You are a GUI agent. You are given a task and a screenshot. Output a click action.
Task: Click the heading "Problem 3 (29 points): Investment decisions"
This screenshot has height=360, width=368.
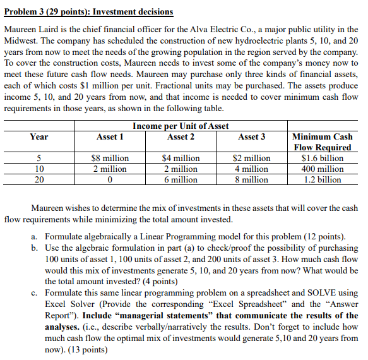point(88,12)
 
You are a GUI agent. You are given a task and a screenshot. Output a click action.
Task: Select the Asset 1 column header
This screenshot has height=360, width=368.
point(110,137)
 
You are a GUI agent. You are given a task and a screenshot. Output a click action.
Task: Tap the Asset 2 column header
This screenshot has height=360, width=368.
point(181,137)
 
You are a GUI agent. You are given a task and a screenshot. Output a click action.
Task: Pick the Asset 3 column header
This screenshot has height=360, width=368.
point(251,137)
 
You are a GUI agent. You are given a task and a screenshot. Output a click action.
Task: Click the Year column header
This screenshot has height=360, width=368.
point(39,137)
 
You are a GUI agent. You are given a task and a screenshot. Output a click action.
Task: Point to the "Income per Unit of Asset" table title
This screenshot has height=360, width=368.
point(181,126)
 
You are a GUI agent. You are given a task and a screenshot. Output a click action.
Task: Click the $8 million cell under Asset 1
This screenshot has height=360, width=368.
point(110,159)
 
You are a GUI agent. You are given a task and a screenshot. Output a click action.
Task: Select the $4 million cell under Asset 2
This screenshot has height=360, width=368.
point(181,159)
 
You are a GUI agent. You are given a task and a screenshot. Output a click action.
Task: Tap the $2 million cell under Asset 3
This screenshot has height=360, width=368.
point(251,159)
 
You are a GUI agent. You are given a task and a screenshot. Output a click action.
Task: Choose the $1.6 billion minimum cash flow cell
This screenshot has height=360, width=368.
point(322,159)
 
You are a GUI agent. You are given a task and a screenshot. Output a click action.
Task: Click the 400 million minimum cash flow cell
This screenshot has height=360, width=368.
point(322,169)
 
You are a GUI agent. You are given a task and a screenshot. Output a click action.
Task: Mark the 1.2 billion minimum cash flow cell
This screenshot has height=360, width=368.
point(322,179)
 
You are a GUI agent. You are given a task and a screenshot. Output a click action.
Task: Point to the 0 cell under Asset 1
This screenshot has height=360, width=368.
point(110,179)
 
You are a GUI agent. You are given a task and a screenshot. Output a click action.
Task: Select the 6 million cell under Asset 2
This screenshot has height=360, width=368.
point(181,179)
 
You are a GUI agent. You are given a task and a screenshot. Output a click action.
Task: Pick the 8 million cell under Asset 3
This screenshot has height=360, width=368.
point(251,179)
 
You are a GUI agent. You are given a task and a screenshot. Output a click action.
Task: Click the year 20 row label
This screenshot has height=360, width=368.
point(39,179)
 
